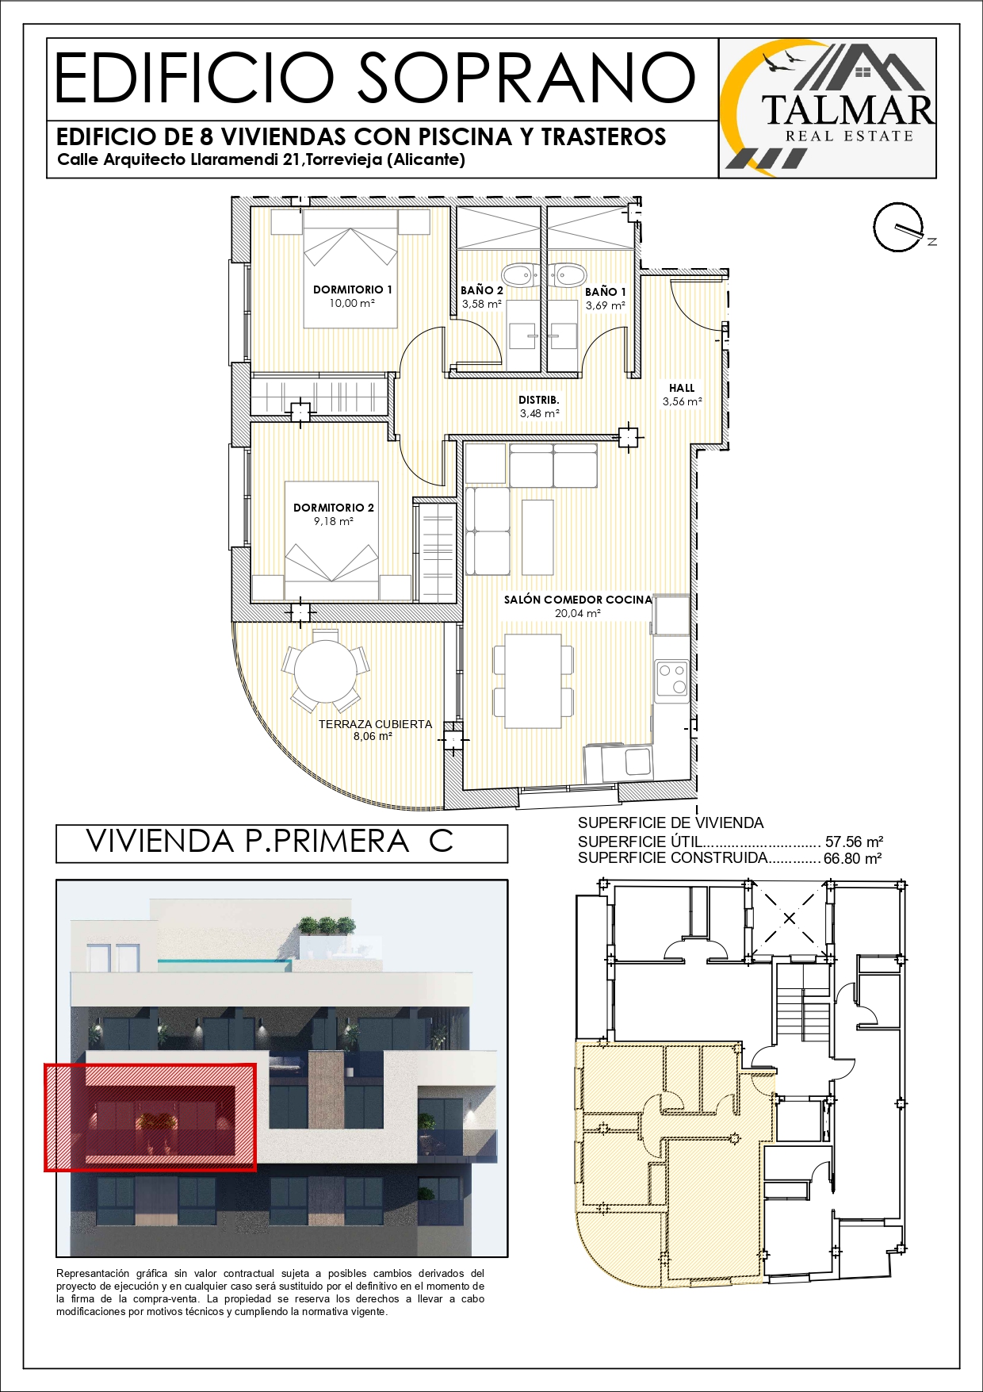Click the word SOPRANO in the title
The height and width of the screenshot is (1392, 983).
pyautogui.click(x=527, y=78)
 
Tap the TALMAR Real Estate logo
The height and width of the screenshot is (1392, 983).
pyautogui.click(x=828, y=108)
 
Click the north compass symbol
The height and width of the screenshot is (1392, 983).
pyautogui.click(x=901, y=228)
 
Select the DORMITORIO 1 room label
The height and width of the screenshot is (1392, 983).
pyautogui.click(x=353, y=290)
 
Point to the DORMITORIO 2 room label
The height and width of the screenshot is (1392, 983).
pyautogui.click(x=334, y=508)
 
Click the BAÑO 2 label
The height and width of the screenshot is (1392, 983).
pyautogui.click(x=482, y=290)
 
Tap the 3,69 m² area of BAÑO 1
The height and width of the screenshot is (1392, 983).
pyautogui.click(x=606, y=305)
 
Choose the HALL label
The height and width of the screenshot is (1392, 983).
pyautogui.click(x=682, y=388)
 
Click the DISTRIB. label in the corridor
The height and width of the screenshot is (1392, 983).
pyautogui.click(x=539, y=400)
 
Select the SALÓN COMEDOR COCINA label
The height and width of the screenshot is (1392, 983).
pyautogui.click(x=578, y=600)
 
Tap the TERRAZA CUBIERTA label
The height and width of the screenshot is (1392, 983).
pyautogui.click(x=375, y=724)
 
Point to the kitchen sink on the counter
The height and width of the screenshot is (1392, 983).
pyautogui.click(x=638, y=762)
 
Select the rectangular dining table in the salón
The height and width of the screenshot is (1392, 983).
pyautogui.click(x=534, y=681)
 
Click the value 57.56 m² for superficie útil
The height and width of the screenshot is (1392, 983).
pyautogui.click(x=855, y=842)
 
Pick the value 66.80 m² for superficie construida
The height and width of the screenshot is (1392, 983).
pyautogui.click(x=853, y=858)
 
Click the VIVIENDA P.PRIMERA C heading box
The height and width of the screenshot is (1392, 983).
pyautogui.click(x=281, y=843)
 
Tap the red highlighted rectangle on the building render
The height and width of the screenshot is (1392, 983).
pyautogui.click(x=150, y=1118)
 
